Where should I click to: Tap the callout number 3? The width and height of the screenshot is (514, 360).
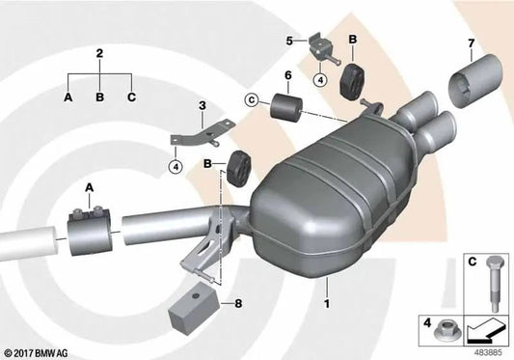(202, 105)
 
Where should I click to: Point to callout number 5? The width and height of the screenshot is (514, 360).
(288, 41)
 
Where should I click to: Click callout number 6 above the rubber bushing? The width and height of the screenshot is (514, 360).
(286, 76)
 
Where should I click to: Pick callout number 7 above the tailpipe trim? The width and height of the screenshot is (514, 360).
(471, 43)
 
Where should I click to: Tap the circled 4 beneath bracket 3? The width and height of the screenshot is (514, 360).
(176, 167)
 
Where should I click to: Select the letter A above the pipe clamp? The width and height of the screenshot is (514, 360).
(90, 186)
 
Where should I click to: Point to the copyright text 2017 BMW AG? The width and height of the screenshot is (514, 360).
(38, 352)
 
